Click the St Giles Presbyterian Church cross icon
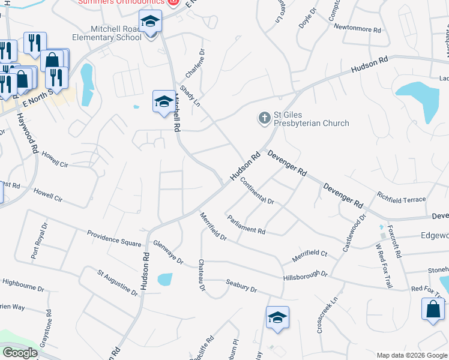tap(264, 118)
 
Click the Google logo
tap(20, 353)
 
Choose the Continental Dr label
tap(257, 192)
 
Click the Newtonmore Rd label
tap(357, 28)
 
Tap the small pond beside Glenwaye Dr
tap(164, 279)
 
